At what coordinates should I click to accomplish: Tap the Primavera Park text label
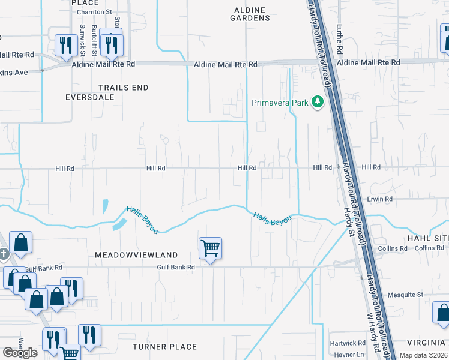[279, 103]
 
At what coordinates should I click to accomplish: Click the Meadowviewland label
[136, 255]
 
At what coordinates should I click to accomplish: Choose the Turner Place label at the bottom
[164, 347]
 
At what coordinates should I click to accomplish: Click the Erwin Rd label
[380, 199]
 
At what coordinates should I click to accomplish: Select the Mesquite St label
[409, 295]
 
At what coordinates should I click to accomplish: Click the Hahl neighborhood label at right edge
[428, 238]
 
